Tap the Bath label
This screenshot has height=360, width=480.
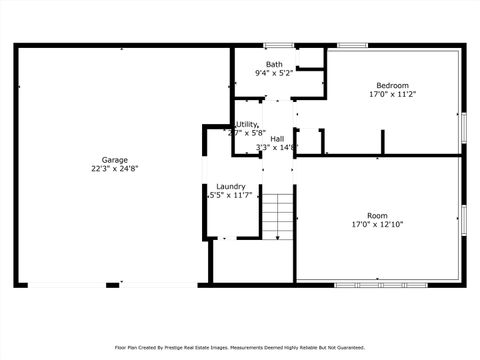(x=273, y=64)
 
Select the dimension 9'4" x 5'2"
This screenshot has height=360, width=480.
(x=273, y=73)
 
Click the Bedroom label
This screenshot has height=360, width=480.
(x=392, y=85)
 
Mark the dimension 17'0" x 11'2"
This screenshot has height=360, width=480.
(x=392, y=94)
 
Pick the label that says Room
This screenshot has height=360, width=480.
(x=377, y=216)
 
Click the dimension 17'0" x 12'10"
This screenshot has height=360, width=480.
(x=377, y=225)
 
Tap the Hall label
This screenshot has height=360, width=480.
(x=277, y=138)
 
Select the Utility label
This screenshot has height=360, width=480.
(x=246, y=124)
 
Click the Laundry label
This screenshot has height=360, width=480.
(x=231, y=187)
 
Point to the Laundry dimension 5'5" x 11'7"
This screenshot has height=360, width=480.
(x=230, y=196)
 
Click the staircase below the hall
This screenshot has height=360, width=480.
(x=279, y=211)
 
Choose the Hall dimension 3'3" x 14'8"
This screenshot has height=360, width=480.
(x=277, y=147)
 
